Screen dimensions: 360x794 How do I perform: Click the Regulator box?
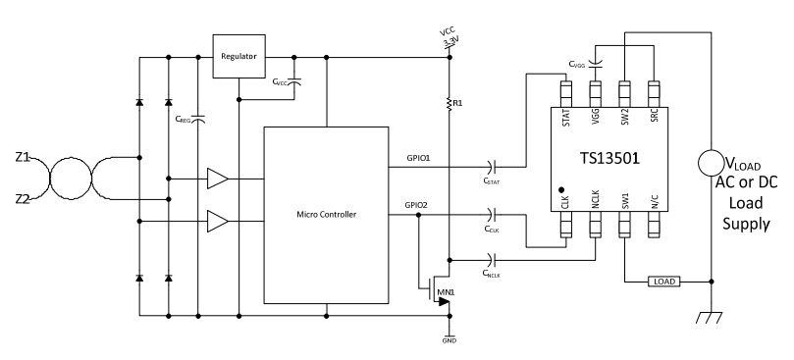click(x=239, y=57)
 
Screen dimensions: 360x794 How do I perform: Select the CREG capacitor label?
click(x=184, y=120)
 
